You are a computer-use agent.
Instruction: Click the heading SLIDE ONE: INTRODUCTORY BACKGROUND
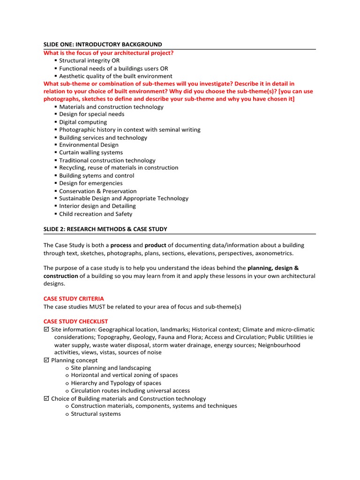coord(103,45)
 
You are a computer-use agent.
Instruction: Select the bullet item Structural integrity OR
coord(89,60)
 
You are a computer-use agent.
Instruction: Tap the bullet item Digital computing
coord(83,122)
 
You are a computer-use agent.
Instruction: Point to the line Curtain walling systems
coord(91,152)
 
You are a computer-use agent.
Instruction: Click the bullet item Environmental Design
coord(89,145)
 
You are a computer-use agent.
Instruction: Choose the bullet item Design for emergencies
coord(91,183)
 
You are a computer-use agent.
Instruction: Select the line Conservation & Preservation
coord(98,191)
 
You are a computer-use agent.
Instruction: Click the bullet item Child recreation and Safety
coord(96,214)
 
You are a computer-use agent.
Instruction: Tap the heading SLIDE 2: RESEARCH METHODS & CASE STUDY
coord(105,229)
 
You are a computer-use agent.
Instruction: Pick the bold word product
coord(155,245)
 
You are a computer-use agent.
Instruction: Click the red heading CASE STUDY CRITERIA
coord(74,299)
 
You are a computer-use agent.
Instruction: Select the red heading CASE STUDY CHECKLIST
coord(75,322)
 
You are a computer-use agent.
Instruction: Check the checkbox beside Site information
coord(46,330)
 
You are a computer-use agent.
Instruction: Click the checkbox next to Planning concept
coord(46,360)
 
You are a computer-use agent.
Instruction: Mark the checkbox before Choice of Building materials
coord(46,398)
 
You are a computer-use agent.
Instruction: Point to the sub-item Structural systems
coord(96,414)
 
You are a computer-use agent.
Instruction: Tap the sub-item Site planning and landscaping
coord(111,368)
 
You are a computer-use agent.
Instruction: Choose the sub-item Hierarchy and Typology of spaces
coord(116,383)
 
